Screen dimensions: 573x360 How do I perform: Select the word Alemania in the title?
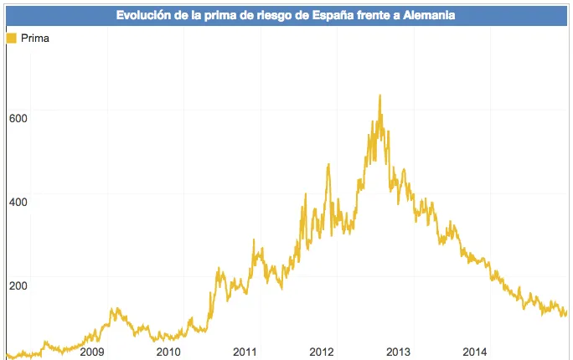(x=429, y=15)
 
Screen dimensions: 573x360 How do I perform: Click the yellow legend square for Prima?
(x=12, y=38)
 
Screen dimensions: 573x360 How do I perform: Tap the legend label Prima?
(x=35, y=39)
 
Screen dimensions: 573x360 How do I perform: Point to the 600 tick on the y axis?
(x=18, y=119)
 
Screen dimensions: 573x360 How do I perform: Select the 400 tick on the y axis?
(x=18, y=203)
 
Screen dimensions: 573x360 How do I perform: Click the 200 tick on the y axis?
(x=18, y=285)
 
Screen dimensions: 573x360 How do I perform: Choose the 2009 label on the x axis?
(x=92, y=352)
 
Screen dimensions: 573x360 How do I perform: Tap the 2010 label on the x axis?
(x=168, y=352)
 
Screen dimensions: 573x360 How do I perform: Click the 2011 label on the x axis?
(x=245, y=352)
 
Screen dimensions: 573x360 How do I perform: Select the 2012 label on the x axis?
(x=322, y=352)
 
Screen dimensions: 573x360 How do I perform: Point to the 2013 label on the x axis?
(x=398, y=352)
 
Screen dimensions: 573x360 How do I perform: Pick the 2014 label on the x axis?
(x=475, y=352)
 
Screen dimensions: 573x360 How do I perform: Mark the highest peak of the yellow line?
(x=380, y=95)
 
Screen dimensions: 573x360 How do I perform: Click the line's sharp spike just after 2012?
(x=328, y=165)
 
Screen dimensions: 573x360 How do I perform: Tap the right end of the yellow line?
(x=566, y=312)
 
